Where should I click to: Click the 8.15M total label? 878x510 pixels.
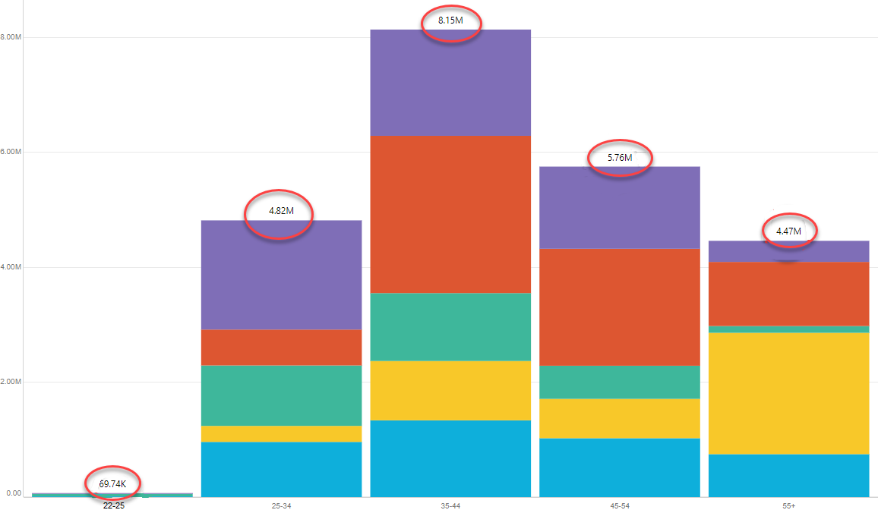coord(450,20)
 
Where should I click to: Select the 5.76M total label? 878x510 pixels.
coord(620,157)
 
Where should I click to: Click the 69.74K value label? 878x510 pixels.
coord(112,483)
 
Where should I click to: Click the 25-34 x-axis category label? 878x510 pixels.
coord(282,505)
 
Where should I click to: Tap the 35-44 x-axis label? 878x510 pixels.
coord(450,505)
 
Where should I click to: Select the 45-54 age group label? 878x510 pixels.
coord(619,505)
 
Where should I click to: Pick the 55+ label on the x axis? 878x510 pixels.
coord(788,505)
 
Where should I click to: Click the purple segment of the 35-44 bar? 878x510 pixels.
coord(450,83)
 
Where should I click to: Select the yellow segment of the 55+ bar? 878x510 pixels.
coord(788,393)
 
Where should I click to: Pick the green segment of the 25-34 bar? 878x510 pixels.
coord(282,395)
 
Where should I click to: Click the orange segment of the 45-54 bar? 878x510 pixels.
coord(619,307)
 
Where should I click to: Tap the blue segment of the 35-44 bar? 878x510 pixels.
coord(450,458)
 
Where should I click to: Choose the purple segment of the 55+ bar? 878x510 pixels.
coord(788,251)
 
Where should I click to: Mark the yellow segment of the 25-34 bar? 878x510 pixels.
coord(282,434)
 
